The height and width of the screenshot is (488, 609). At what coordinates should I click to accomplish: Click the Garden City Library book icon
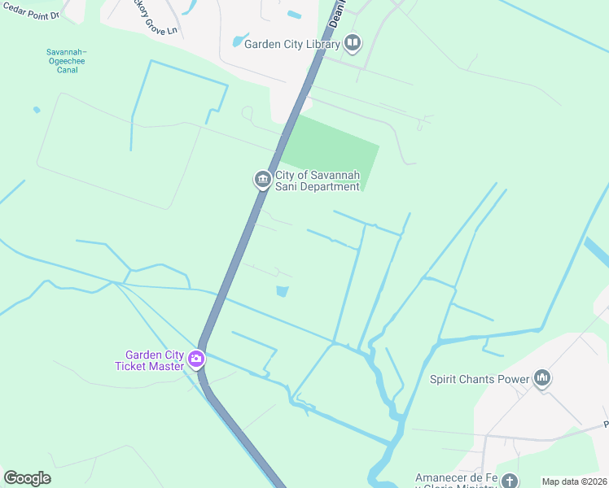click(352, 42)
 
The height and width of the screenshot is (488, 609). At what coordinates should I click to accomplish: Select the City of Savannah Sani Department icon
click(262, 180)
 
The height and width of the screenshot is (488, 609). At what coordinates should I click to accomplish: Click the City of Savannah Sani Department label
click(317, 181)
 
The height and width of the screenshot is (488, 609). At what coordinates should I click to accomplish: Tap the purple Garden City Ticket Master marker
click(195, 359)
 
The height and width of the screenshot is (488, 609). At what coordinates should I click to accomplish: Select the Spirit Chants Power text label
click(480, 378)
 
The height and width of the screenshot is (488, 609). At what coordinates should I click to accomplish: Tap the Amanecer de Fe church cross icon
click(510, 481)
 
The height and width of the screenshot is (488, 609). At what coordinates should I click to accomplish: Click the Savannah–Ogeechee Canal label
click(66, 61)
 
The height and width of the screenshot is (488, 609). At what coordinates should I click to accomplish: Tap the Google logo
click(28, 478)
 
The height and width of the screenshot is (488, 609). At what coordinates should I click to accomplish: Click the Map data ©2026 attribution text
click(574, 481)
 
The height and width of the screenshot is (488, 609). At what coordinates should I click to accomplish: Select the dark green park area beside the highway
click(334, 150)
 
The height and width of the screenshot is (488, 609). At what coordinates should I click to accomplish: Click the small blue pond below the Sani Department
click(283, 291)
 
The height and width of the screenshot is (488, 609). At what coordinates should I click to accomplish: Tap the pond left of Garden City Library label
click(240, 41)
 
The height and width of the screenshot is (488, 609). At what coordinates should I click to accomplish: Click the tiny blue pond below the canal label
click(36, 109)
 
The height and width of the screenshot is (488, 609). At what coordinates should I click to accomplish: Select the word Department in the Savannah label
click(327, 186)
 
